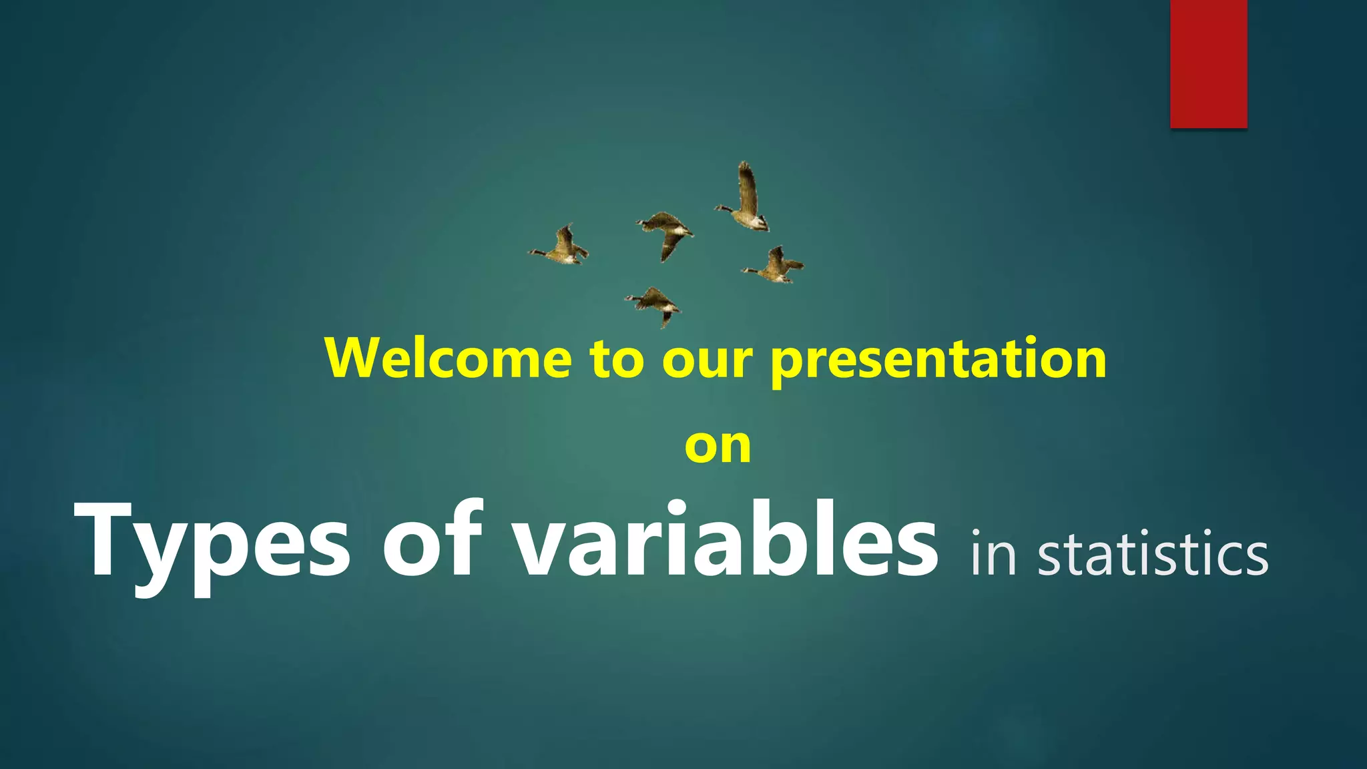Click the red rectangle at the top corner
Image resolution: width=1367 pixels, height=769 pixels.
coord(1208,63)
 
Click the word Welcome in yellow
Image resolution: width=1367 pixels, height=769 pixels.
coord(448,358)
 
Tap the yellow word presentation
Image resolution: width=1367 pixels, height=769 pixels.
coord(938,360)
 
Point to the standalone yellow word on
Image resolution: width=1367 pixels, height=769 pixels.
coord(718,446)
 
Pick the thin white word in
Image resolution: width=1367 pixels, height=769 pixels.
coord(993,554)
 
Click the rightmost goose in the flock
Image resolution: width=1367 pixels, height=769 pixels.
coord(775,266)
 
